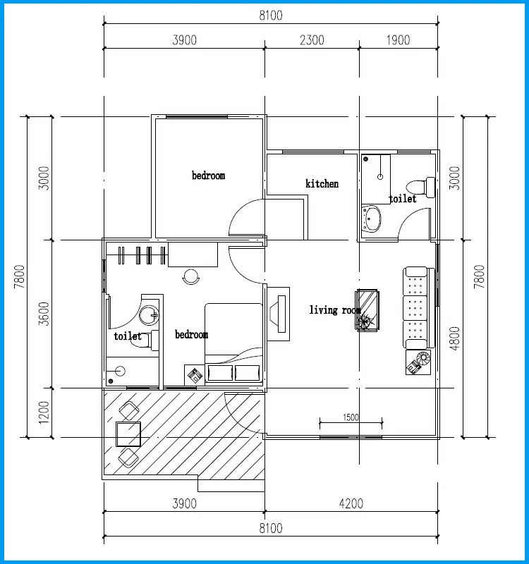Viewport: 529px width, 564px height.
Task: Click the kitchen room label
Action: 322,184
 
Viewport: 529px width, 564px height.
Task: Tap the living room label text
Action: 335,310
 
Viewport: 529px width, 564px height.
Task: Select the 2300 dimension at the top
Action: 312,40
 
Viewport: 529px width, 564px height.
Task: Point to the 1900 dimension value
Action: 398,40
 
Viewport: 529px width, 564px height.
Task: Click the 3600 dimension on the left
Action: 44,314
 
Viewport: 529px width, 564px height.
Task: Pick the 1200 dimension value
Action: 44,412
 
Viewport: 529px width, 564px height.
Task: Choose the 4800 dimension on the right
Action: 455,338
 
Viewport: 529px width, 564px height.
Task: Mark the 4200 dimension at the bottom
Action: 351,503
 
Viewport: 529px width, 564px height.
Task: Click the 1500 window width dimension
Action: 351,417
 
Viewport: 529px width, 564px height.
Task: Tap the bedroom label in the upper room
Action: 208,176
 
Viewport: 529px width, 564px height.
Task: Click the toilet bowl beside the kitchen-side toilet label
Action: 420,188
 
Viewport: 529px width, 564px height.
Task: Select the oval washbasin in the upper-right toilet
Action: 372,219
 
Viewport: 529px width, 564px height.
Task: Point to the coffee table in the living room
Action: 367,310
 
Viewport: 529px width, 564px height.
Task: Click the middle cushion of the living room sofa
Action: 415,307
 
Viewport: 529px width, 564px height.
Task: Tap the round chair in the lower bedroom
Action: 191,276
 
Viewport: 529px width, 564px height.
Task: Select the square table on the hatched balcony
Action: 128,434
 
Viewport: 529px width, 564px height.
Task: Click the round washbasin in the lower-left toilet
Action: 149,315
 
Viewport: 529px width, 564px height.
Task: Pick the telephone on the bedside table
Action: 195,375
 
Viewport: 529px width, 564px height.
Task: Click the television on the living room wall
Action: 278,314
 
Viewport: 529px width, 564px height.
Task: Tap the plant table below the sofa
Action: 418,362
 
